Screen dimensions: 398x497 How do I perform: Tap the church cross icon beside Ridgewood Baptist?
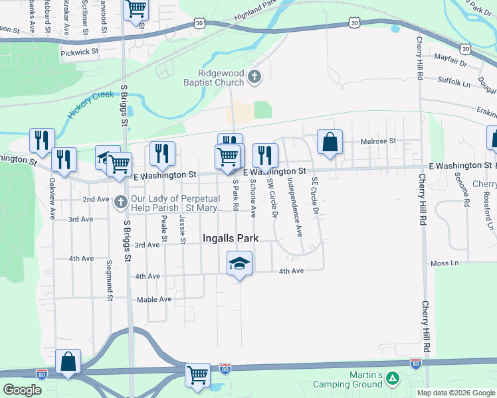pyautogui.click(x=254, y=78)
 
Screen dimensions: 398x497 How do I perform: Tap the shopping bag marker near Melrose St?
pyautogui.click(x=330, y=142)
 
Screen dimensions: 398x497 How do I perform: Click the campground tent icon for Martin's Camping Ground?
pyautogui.click(x=393, y=379)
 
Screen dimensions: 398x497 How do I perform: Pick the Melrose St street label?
pyautogui.click(x=377, y=141)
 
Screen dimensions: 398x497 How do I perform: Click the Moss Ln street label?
pyautogui.click(x=445, y=263)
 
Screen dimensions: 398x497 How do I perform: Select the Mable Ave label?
pyautogui.click(x=154, y=299)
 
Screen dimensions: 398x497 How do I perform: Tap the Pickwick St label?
pyautogui.click(x=79, y=51)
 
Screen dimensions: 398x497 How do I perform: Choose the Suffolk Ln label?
pyautogui.click(x=454, y=82)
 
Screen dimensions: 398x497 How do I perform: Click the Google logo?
pyautogui.click(x=22, y=390)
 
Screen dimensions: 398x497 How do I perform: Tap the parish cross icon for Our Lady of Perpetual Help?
pyautogui.click(x=120, y=200)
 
